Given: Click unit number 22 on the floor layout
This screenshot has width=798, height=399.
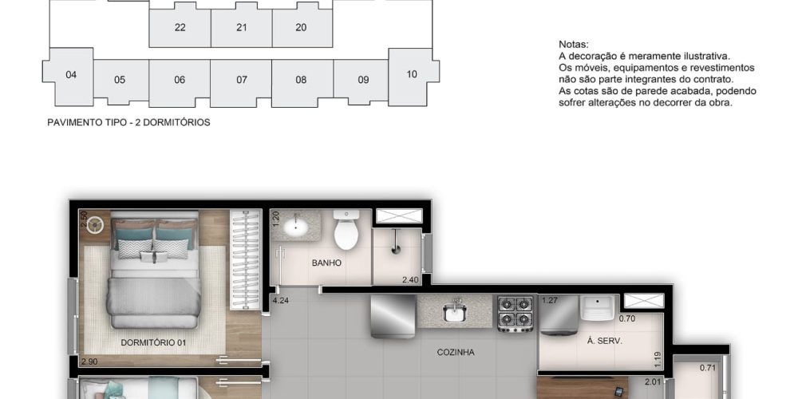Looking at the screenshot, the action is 180,27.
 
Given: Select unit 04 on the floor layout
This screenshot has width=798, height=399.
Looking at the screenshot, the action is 71,75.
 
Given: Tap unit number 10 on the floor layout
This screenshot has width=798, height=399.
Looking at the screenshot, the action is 413,74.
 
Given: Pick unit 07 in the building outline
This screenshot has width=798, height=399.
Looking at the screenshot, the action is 242,80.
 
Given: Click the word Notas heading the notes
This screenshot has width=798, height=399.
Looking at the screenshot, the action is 574,44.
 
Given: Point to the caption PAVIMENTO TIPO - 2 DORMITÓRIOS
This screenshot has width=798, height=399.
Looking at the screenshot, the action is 128,123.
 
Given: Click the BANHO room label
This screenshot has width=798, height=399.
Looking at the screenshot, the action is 326,263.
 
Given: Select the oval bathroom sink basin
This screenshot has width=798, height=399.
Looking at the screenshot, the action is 295,227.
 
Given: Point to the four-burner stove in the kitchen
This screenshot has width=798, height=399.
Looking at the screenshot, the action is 515,313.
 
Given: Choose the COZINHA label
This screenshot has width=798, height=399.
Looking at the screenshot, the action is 456,352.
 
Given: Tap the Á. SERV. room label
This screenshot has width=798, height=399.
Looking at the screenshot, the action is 604,341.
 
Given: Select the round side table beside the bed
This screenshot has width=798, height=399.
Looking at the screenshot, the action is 95,224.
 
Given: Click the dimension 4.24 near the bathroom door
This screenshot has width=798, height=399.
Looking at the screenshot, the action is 280,300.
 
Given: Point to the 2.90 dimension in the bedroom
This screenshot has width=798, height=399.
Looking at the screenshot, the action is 89,361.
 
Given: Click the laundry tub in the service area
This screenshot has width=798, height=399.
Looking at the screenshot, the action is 599,307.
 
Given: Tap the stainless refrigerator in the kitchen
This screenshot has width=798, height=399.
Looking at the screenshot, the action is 393,316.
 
